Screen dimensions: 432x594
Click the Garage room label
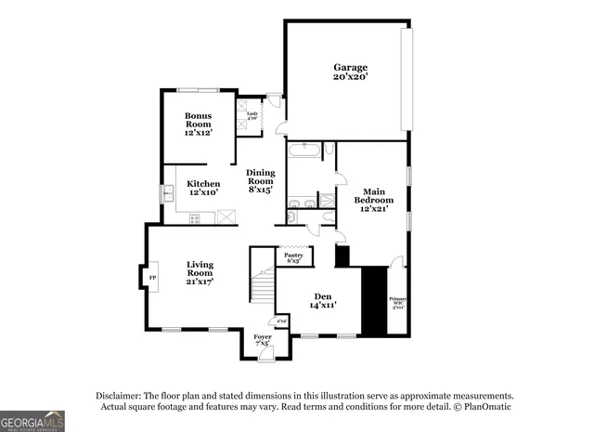[351, 72]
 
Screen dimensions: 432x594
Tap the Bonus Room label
[198, 124]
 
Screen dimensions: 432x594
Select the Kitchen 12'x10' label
[203, 188]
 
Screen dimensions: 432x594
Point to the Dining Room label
[260, 181]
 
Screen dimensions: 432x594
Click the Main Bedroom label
[373, 200]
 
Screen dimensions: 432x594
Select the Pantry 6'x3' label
[294, 257]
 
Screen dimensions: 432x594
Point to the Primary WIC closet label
[397, 303]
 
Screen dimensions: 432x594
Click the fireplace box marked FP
[151, 278]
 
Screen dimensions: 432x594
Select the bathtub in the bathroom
[303, 150]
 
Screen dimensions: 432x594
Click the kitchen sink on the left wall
[169, 193]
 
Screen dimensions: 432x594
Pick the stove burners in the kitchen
[195, 218]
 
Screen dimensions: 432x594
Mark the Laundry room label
[252, 116]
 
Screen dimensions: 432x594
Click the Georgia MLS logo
[32, 421]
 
